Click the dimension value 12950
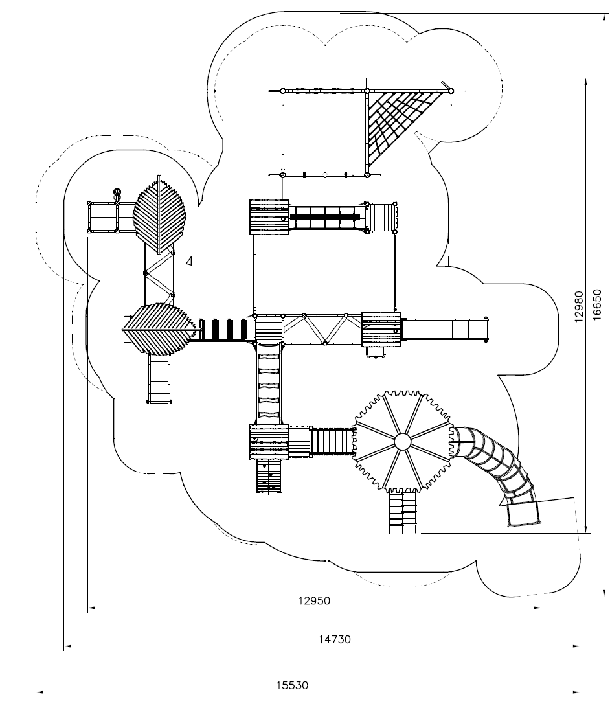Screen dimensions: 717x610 (x=314, y=600)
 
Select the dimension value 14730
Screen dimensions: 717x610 (x=335, y=639)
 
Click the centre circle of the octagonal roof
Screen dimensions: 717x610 (x=402, y=442)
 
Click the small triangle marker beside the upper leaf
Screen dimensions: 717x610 (x=189, y=261)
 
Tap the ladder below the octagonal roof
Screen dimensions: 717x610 (x=402, y=512)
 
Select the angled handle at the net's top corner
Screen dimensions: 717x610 (x=446, y=85)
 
